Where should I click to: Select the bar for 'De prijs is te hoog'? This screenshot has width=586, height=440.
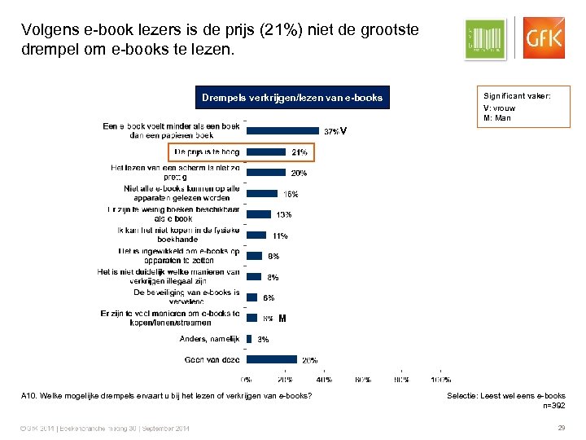pos(266,152)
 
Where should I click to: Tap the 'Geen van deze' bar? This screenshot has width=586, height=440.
pos(271,359)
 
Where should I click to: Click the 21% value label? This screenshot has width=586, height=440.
pos(300,152)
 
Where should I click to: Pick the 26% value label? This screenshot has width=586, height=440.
pos(310,359)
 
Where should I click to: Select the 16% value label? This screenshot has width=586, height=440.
pos(291,194)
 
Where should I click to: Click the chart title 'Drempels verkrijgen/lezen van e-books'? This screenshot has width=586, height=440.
pos(292,99)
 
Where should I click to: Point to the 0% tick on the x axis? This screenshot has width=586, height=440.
pos(246,379)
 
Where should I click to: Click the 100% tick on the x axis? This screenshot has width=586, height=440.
pos(440,379)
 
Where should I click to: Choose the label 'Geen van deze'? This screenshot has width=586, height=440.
pos(212,359)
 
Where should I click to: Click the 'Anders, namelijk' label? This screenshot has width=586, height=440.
pos(209,338)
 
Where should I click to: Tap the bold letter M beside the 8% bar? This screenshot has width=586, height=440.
pos(282,318)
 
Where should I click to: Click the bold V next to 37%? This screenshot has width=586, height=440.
pos(344,130)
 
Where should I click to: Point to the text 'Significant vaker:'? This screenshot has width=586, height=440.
pos(517,96)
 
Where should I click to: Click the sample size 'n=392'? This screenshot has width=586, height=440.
pos(553,405)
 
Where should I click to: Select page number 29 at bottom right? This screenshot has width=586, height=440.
pos(561,429)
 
